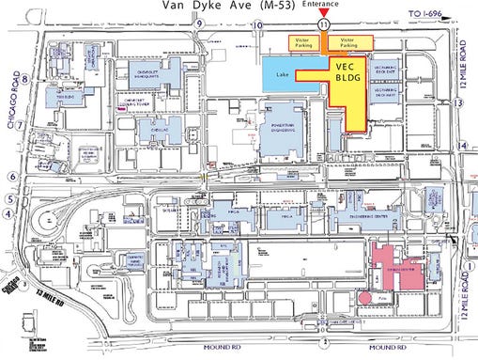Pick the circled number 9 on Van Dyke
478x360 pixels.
pyautogui.click(x=199, y=37)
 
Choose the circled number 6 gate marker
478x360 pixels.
pyautogui.click(x=11, y=176)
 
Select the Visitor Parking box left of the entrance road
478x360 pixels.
pyautogui.click(x=301, y=42)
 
